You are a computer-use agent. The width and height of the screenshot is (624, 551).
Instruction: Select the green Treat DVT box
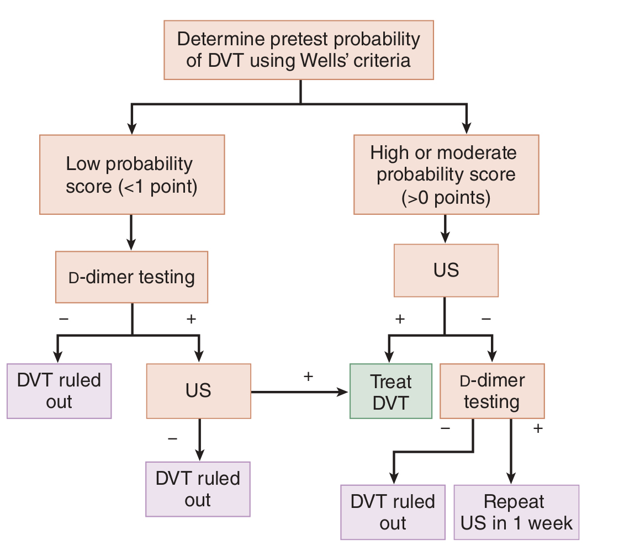391,391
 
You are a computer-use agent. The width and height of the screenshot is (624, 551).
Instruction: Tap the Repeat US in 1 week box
516,512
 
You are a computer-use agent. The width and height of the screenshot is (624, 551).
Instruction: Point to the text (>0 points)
446,198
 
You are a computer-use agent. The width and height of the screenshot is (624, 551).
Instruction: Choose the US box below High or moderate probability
446,271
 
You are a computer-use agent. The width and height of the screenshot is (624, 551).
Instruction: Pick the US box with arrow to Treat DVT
198,390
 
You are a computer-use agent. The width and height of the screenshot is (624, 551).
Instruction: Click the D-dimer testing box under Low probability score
131,277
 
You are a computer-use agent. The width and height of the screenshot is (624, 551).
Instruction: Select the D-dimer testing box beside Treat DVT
491,390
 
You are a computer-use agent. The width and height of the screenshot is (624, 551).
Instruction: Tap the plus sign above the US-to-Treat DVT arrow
308,377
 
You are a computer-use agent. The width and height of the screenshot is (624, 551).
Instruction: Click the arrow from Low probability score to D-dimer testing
131,232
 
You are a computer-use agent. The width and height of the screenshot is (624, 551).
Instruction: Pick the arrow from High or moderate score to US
446,229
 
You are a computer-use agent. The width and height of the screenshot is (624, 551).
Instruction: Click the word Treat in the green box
391,382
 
